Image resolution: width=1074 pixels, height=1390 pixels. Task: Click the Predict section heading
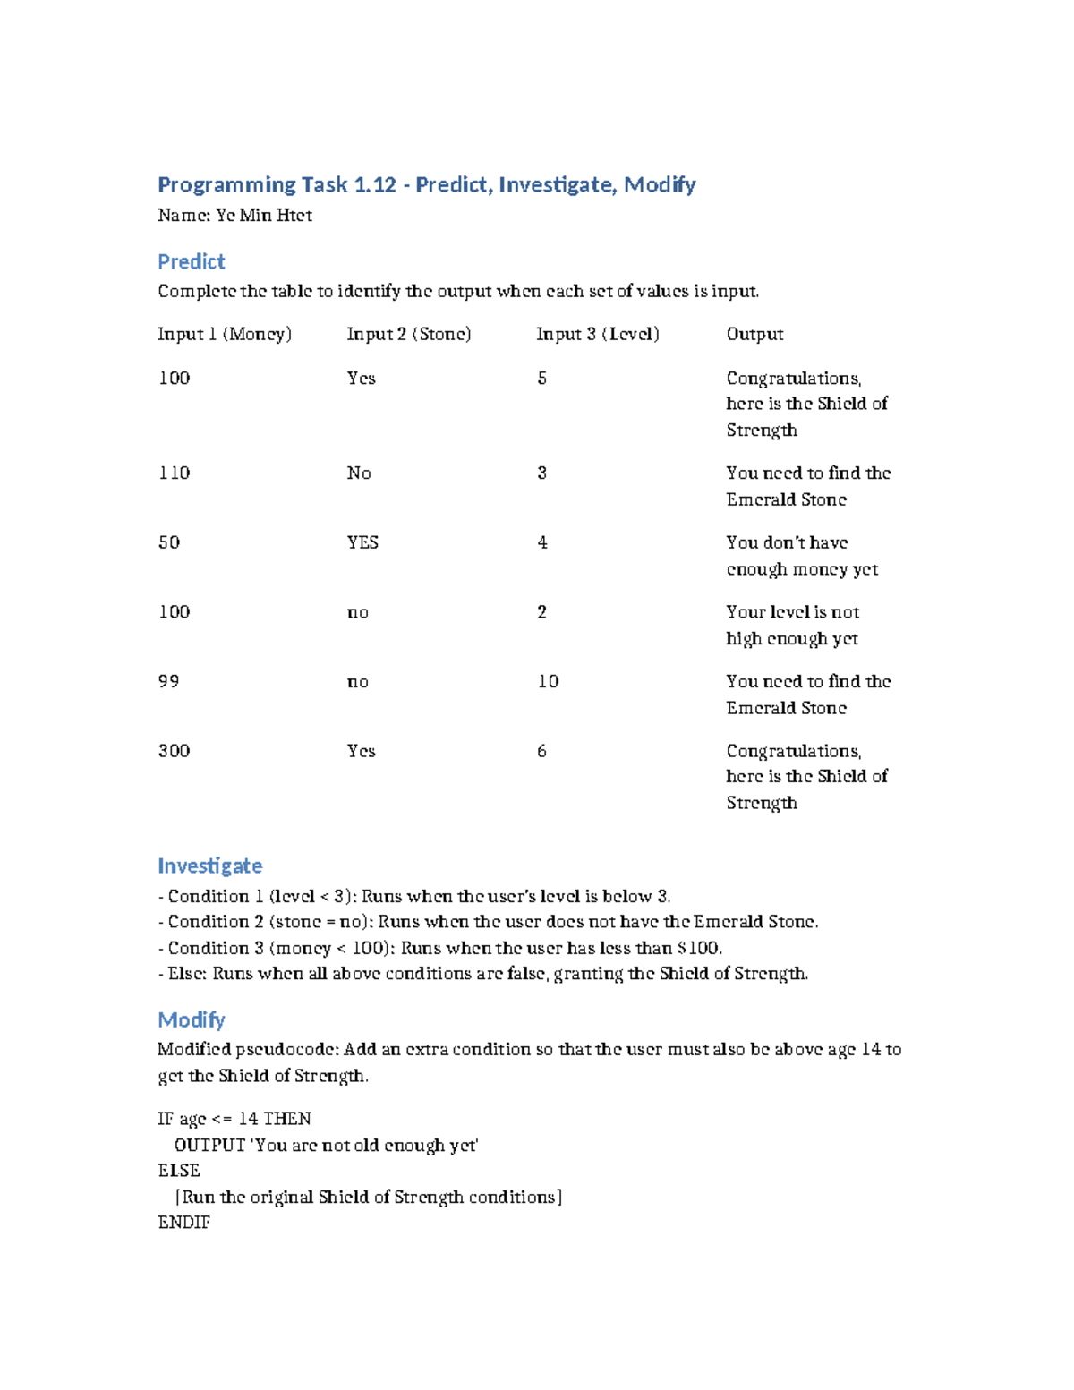point(191,261)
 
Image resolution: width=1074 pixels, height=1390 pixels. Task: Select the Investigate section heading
point(209,866)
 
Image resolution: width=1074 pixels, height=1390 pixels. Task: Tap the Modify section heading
point(191,1019)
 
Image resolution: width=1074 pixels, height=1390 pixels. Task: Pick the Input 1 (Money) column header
point(225,334)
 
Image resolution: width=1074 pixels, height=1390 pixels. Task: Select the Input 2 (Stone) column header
point(409,334)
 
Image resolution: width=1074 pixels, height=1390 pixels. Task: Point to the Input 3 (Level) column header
point(598,334)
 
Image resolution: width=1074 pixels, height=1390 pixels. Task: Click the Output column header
point(754,334)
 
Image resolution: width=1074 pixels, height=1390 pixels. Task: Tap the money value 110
point(174,473)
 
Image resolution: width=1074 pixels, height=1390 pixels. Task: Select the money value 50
point(168,542)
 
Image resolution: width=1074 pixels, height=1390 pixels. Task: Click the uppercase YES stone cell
point(362,542)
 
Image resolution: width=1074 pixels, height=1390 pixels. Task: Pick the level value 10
point(548,681)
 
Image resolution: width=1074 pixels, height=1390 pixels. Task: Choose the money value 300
point(174,751)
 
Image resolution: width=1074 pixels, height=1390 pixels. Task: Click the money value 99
point(168,681)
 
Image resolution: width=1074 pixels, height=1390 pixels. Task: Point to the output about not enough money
point(801,556)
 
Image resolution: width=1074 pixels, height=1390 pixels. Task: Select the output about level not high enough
point(792,625)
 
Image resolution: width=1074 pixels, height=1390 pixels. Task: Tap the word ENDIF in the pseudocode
point(183,1223)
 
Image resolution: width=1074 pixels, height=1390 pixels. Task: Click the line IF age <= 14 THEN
point(234,1119)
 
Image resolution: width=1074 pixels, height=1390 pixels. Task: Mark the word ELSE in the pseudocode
point(178,1171)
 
